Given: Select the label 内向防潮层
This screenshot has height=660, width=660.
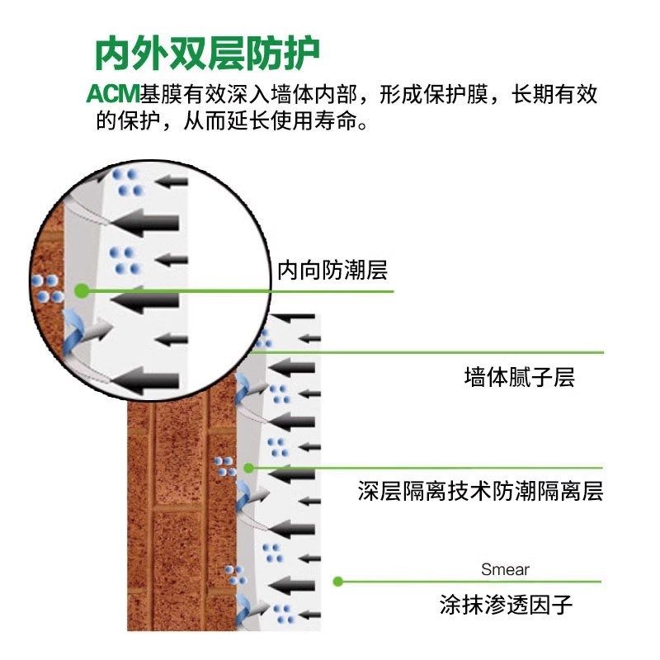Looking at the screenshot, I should [332, 270].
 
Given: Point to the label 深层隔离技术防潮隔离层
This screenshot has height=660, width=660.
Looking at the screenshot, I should [480, 492].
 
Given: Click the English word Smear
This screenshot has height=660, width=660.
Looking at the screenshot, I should [505, 569].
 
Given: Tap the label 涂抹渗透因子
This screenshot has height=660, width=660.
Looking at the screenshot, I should [505, 606].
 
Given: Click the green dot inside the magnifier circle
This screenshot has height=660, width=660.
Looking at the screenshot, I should [81, 290].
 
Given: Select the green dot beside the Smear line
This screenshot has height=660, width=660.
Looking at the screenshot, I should [337, 581].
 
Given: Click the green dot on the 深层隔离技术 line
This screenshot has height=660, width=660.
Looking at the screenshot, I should [248, 468].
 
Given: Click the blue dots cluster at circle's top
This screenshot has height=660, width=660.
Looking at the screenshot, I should [128, 181].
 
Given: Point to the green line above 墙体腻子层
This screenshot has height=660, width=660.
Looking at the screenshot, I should [429, 352].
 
